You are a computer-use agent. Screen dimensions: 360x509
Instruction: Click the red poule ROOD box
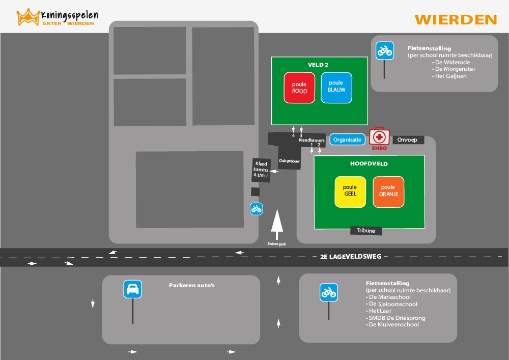point(299,88)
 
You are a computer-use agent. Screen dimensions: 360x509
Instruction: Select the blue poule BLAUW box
point(336,87)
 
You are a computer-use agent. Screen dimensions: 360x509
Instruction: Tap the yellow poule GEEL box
point(350,191)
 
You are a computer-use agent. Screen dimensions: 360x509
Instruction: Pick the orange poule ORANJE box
point(388,191)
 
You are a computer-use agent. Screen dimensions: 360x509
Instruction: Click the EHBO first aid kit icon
point(379,137)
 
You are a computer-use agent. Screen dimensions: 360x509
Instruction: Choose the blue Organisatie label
point(347,140)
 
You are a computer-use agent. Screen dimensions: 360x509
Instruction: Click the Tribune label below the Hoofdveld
point(366,231)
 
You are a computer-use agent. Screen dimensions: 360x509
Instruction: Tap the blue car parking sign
point(132,289)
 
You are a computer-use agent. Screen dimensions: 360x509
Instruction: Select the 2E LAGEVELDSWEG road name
point(351,257)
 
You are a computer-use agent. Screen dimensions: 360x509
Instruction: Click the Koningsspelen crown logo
point(29,17)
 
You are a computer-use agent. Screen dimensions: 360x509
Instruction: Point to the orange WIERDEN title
point(456,20)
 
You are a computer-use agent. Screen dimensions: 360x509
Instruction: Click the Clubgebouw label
point(289,161)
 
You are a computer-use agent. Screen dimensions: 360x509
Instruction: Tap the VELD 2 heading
point(318,65)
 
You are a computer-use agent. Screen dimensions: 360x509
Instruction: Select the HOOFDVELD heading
point(369,164)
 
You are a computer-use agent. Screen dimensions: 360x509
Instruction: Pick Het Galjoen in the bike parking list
point(450,76)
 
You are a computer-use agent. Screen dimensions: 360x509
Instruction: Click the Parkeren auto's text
point(192,285)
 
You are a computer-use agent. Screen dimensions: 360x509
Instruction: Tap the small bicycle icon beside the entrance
point(256,208)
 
